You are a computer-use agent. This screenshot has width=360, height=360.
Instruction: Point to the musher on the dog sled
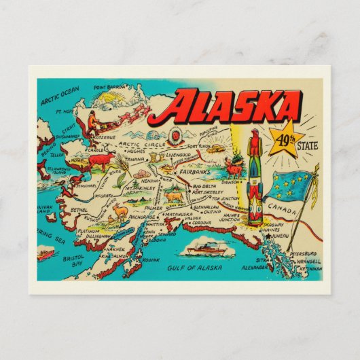pos(90,125)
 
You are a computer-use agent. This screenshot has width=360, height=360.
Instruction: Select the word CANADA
pos(281,211)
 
